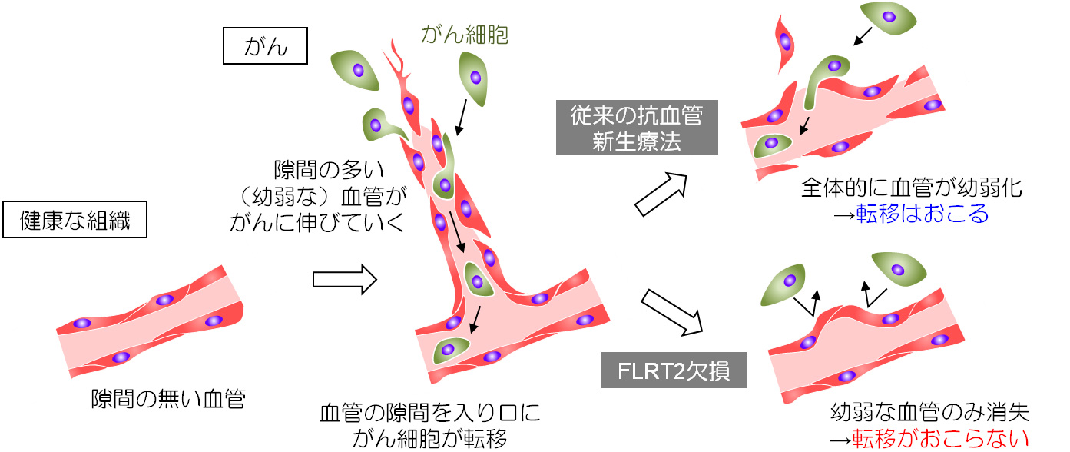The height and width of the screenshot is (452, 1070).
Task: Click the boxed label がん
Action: [265, 47]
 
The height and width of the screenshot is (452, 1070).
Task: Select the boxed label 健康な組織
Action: [75, 221]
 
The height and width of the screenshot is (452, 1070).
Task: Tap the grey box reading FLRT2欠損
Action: [674, 371]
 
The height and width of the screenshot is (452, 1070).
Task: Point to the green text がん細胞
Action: [465, 34]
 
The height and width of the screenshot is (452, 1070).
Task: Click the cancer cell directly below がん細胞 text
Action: [475, 78]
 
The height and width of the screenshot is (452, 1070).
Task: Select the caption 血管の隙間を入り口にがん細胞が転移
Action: [429, 426]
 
